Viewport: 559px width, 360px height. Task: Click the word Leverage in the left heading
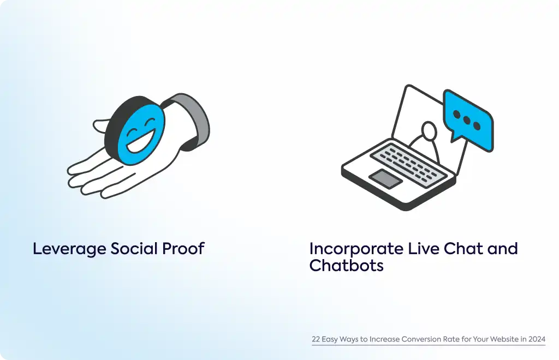click(x=69, y=249)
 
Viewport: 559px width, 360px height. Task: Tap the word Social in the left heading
click(x=134, y=249)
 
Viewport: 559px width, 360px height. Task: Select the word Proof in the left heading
click(x=183, y=249)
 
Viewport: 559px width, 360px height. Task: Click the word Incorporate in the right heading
click(x=356, y=249)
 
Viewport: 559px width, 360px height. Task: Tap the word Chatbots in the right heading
click(x=346, y=265)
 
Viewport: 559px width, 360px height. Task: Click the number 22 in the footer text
click(x=316, y=339)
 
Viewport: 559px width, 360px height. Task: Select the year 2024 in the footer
click(x=537, y=339)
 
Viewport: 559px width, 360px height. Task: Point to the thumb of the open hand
click(x=101, y=126)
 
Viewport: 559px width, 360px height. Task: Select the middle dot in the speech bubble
click(x=467, y=120)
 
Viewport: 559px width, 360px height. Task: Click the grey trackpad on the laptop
click(x=385, y=179)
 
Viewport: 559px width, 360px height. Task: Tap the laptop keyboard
click(x=408, y=164)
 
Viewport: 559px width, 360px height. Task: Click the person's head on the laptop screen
click(x=429, y=131)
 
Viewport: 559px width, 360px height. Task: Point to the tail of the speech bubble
click(x=454, y=137)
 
